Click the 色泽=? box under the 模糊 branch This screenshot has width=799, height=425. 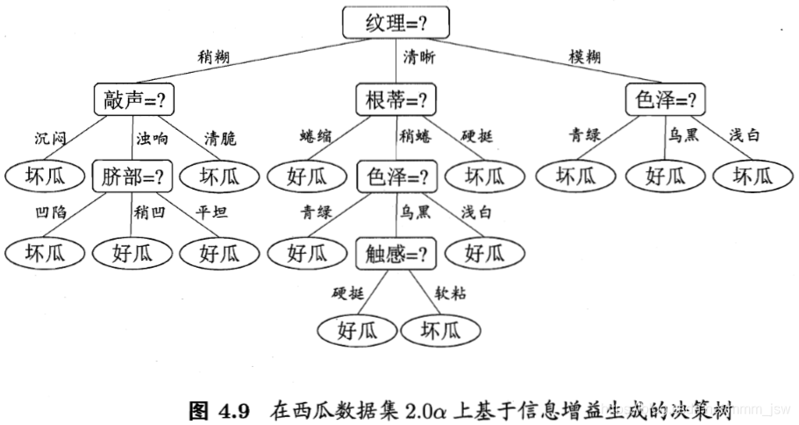[666, 100]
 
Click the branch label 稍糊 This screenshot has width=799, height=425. [215, 57]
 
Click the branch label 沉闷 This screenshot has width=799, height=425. [50, 138]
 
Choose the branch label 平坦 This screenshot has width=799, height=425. [211, 213]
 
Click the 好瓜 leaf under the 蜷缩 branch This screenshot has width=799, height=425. [308, 176]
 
